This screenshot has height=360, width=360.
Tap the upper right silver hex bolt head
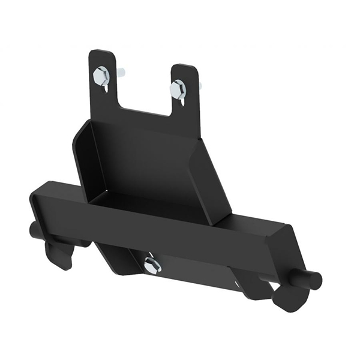[x=178, y=89]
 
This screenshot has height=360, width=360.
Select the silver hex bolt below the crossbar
[x=152, y=265]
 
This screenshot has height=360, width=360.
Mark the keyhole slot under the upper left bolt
[x=106, y=88]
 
